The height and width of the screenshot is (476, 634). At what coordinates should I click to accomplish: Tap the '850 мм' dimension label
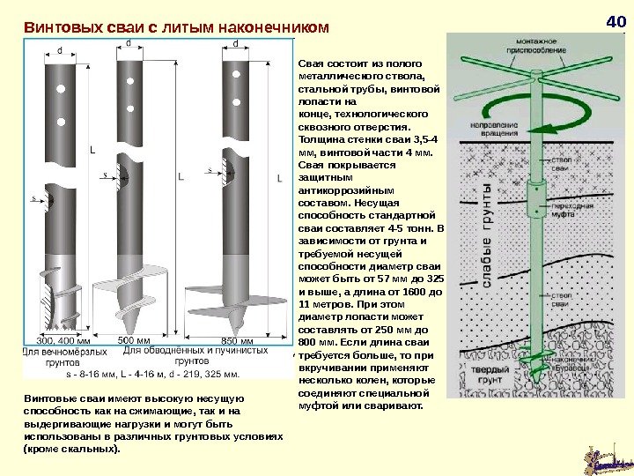(x=236, y=340)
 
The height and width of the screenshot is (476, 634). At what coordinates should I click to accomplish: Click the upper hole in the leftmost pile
(x=61, y=89)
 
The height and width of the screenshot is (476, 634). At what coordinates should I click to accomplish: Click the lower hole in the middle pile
(x=130, y=109)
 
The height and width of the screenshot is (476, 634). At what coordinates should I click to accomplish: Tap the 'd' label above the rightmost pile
(x=235, y=43)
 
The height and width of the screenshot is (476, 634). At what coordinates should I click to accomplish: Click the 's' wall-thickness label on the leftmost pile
(x=34, y=199)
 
